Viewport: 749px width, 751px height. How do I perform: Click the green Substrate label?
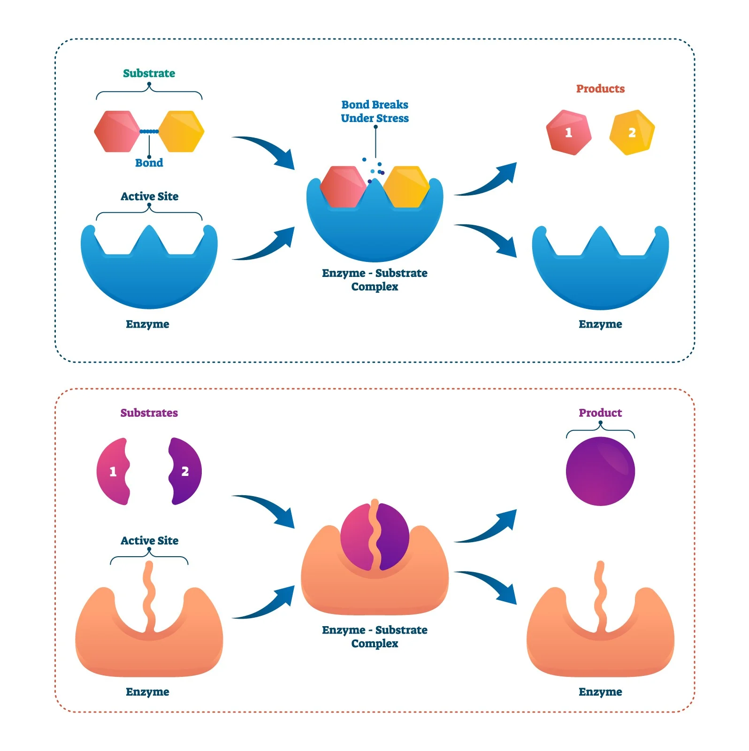coord(149,73)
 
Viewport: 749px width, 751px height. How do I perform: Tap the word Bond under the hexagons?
coord(149,163)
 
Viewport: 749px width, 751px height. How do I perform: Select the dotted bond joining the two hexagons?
coord(149,131)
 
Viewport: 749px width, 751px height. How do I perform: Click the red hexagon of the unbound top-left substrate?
coord(116,131)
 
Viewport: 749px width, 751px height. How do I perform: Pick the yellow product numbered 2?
coord(632,132)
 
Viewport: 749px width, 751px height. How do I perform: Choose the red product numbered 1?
coord(568,132)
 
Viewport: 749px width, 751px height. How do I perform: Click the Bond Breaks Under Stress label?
coord(374,111)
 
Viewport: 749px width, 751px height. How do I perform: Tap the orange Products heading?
coord(600,89)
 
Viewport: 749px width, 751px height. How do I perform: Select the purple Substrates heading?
coord(149,413)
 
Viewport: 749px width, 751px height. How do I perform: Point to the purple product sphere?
coord(600,471)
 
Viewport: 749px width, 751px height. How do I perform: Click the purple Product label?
coord(600,413)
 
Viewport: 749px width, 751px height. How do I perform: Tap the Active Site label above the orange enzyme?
coord(149,540)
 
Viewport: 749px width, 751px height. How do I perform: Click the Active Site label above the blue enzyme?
coord(149,196)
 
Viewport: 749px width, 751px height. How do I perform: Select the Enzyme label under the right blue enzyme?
coord(600,324)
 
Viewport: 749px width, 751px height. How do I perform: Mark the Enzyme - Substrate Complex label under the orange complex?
coord(374,636)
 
